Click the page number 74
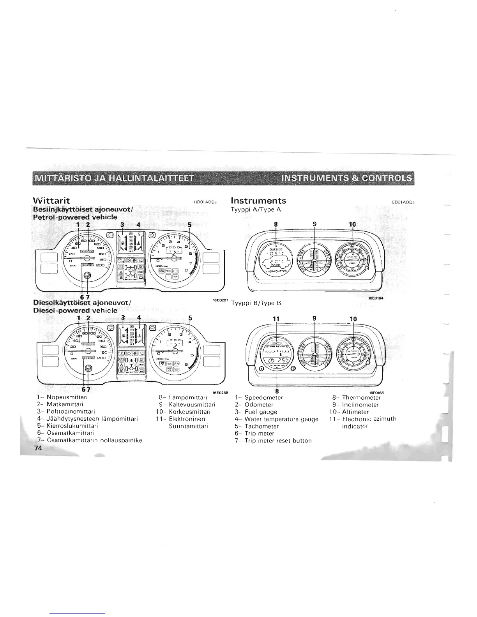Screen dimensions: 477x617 pos(37,448)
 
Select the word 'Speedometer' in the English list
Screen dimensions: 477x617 pos(263,398)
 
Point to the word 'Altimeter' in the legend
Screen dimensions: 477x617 pos(355,412)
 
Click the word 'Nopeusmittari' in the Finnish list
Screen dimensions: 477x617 pos(67,398)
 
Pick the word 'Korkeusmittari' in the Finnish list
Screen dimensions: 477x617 pos(189,412)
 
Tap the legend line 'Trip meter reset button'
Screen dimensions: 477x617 pos(278,441)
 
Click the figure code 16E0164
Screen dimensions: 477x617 pos(376,298)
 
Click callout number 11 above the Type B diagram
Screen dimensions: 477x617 pos(276,319)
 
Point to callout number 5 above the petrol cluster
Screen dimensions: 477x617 pos(190,225)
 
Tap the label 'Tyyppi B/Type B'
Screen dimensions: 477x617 pos(256,303)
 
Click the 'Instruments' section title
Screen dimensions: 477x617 pos(258,201)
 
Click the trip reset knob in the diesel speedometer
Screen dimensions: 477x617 pos(88,368)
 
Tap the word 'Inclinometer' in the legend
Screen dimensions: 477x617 pos(360,405)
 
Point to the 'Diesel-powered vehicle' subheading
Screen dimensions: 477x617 pos(75,310)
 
